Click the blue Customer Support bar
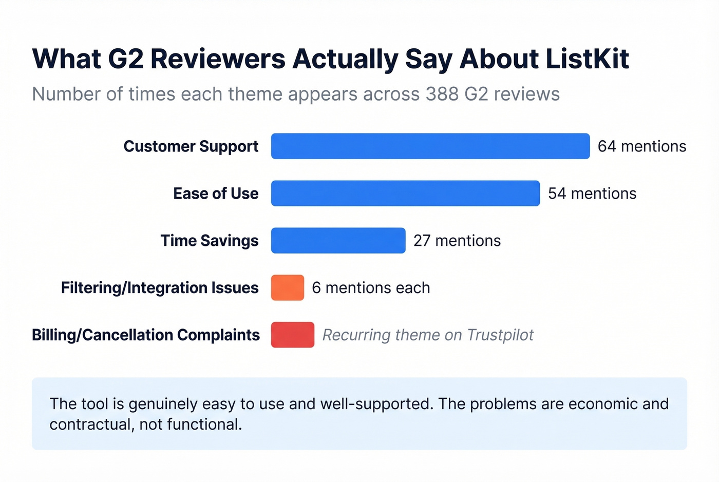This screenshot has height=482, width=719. (x=430, y=146)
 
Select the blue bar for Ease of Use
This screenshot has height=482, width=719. (x=405, y=194)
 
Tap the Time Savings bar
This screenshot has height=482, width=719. (x=338, y=241)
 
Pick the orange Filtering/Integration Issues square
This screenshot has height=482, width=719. (x=288, y=288)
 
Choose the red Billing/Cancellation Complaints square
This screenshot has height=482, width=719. (x=293, y=335)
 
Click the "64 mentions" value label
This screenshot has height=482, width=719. (x=642, y=146)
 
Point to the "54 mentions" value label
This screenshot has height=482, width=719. (x=592, y=194)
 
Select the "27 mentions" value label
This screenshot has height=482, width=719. (x=457, y=241)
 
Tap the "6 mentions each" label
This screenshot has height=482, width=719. (x=371, y=288)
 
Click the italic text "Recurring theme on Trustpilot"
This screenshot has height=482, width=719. (x=428, y=335)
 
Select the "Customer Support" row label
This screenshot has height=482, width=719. (x=191, y=146)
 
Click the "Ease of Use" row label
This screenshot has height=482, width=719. (x=216, y=194)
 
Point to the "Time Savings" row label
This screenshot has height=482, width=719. (x=210, y=241)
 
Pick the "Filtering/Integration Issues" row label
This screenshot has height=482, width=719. (x=160, y=288)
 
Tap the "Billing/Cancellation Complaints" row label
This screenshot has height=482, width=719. (x=146, y=335)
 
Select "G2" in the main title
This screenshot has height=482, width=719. (x=125, y=59)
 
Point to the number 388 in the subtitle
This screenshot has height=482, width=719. (x=442, y=94)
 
